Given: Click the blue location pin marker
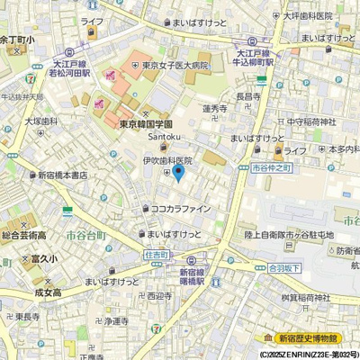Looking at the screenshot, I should coord(178,170).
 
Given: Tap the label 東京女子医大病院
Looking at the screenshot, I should coord(166,65).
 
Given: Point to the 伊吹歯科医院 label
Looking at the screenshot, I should coord(167,159).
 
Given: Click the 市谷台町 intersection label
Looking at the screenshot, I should coord(86,234).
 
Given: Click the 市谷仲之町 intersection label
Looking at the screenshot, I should coord(274,167).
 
